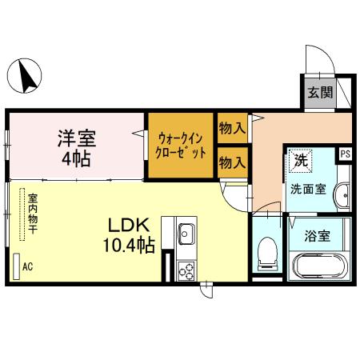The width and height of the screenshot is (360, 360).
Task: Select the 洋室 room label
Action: tap(77, 138)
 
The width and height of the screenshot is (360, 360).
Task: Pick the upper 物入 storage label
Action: tap(232, 127)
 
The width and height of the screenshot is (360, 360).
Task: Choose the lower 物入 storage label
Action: tap(232, 163)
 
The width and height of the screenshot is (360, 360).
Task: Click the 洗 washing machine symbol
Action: tap(301, 160)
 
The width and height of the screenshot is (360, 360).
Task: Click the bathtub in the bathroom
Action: tap(318, 266)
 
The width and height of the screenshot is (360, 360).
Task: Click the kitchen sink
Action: tap(186, 234)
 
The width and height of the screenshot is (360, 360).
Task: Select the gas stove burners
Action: tap(186, 270)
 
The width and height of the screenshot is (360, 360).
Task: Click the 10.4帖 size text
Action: tap(128, 246)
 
